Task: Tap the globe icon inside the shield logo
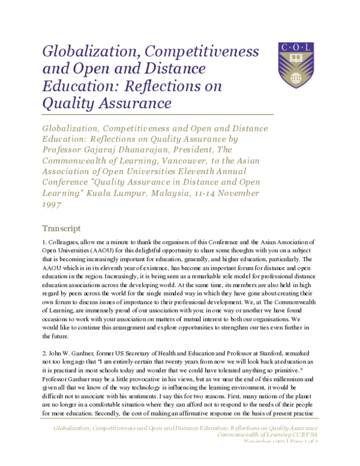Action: pos(295,78)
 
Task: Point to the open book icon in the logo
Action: pos(296,59)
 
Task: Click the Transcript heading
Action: pos(62,228)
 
